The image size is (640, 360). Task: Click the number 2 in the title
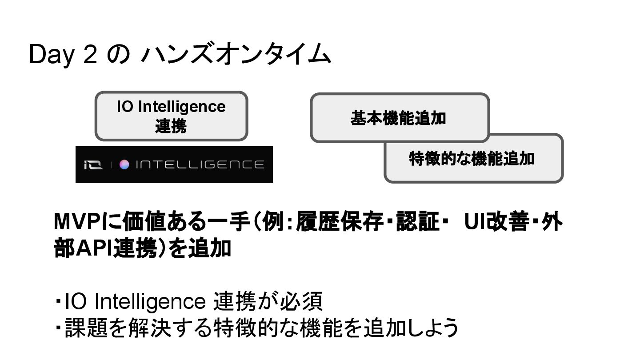[89, 56]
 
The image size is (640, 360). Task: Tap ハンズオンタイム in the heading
[236, 55]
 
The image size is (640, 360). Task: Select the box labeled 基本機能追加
[399, 117]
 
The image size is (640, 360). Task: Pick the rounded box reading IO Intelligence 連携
[171, 116]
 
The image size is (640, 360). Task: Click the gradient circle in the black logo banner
[124, 165]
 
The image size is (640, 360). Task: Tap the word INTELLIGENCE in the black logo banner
[200, 165]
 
